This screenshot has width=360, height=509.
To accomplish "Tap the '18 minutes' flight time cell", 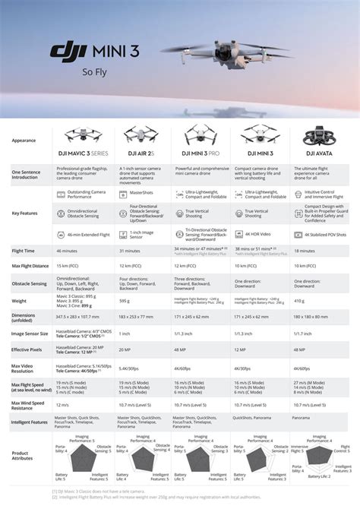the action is [308, 249].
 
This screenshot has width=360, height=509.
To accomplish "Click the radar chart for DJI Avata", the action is [320, 454].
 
